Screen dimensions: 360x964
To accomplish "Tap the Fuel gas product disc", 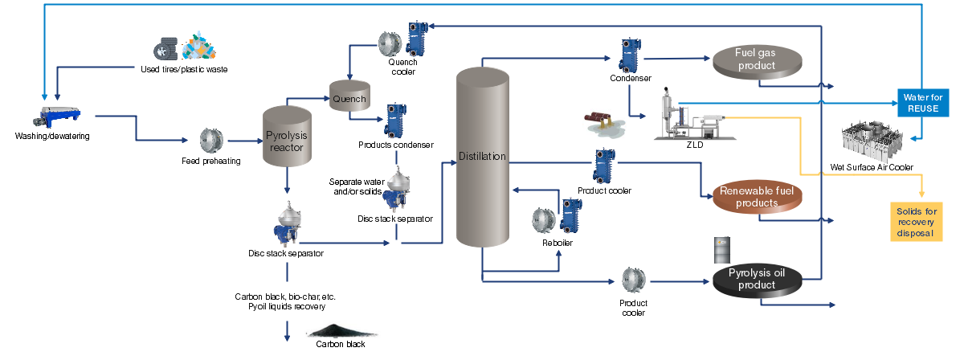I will click(756, 62).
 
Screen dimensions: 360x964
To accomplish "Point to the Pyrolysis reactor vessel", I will click(287, 137).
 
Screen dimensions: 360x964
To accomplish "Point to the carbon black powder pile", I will click(338, 331).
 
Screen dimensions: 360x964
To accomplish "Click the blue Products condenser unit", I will click(395, 121).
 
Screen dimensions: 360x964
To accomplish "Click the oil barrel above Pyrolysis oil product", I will click(721, 250).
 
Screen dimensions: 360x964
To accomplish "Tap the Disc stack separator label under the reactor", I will click(286, 254).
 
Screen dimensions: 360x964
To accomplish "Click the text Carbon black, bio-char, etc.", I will click(280, 296).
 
